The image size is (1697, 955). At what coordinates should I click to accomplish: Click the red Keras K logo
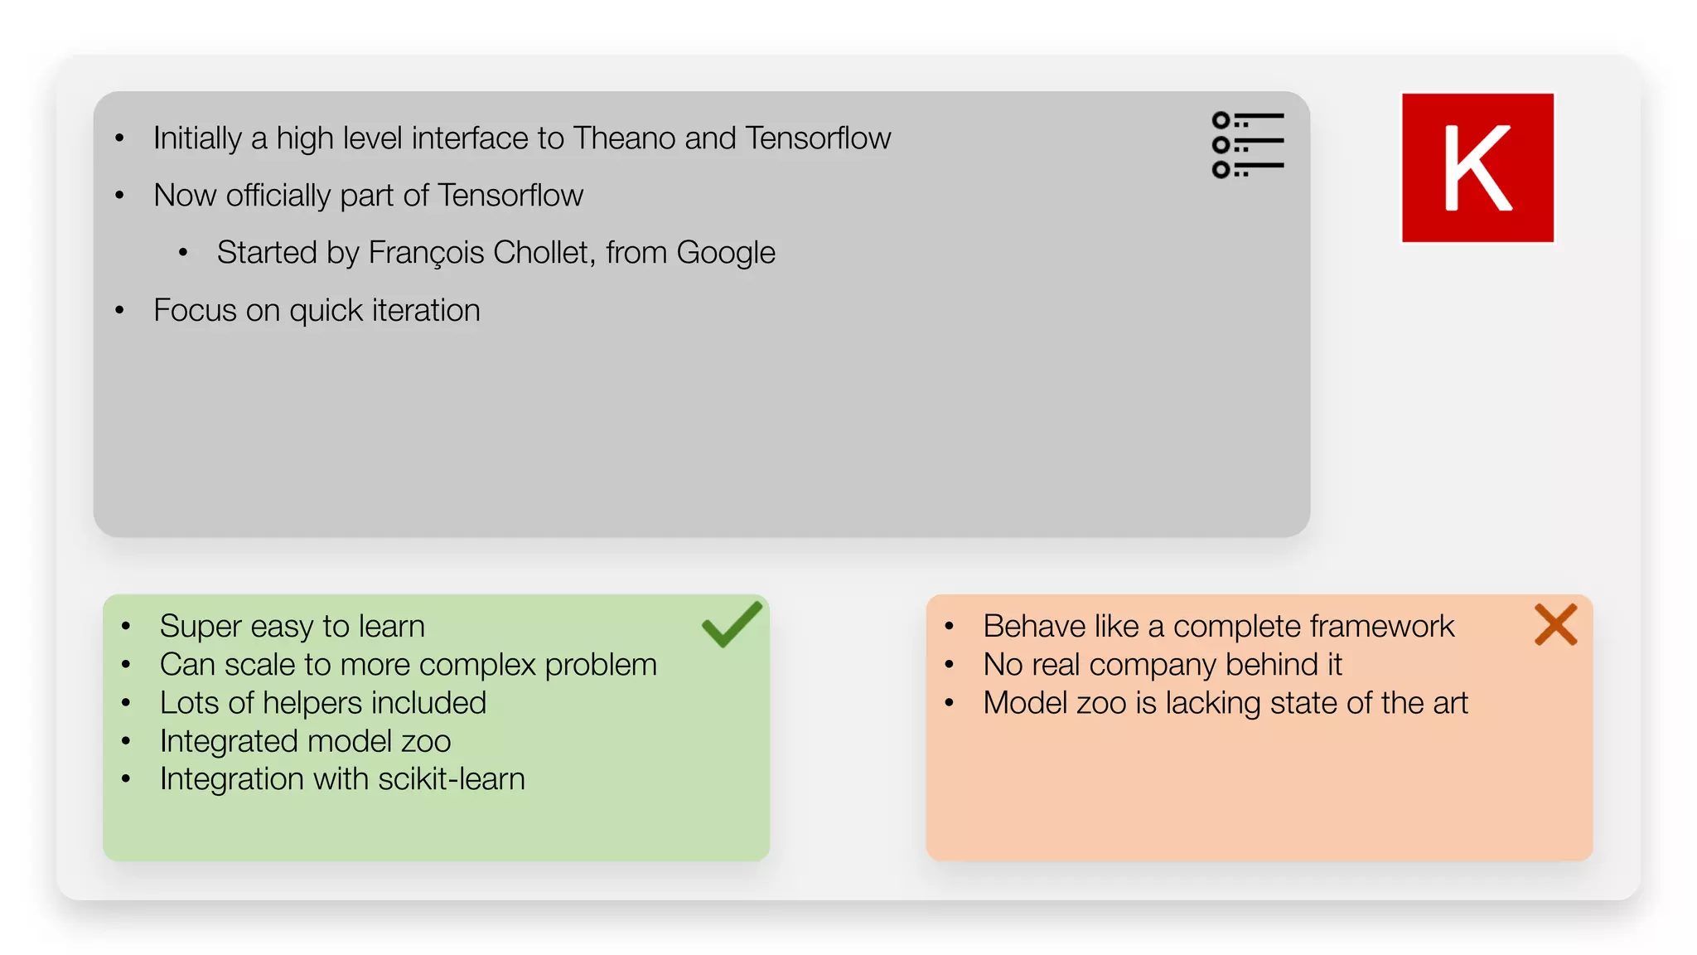(1477, 167)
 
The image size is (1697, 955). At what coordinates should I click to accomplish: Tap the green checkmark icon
(731, 624)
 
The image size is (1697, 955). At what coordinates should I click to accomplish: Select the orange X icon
(1555, 624)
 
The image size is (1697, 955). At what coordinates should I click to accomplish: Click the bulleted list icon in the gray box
(1247, 145)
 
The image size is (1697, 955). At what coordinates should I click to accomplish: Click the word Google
(725, 252)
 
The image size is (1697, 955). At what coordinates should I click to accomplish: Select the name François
(426, 252)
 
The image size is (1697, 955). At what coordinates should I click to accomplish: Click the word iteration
(426, 310)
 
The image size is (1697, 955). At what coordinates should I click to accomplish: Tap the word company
(1153, 665)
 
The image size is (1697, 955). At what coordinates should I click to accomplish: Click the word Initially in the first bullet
(197, 138)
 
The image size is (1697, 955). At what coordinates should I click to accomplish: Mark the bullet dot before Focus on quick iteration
(120, 311)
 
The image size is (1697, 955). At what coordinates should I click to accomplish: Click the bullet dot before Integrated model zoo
(126, 741)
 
